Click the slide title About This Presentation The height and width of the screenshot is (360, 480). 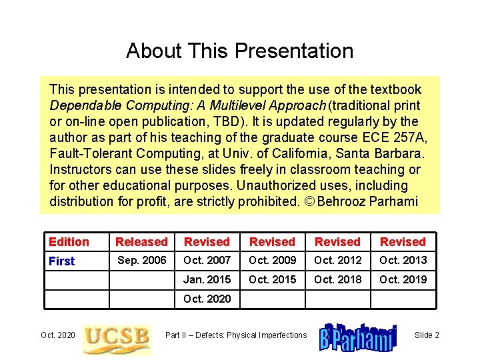(239, 51)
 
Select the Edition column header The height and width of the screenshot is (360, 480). (69, 242)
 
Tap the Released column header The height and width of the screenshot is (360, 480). (141, 242)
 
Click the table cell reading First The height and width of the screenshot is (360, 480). (62, 261)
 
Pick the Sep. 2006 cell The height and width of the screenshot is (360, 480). (141, 260)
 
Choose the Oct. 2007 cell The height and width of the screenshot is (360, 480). (207, 260)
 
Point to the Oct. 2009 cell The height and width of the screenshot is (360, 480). (272, 260)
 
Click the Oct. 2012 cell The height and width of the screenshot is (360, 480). (337, 260)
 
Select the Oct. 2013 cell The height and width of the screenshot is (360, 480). (403, 260)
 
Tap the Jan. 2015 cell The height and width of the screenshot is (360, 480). (207, 279)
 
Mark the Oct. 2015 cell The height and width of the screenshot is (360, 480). (272, 279)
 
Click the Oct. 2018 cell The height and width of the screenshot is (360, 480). (337, 279)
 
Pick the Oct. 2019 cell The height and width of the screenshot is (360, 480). (403, 279)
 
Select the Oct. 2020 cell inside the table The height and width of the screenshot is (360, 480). (207, 299)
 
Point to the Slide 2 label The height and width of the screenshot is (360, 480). (427, 335)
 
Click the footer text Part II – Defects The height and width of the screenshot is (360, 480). (236, 335)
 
